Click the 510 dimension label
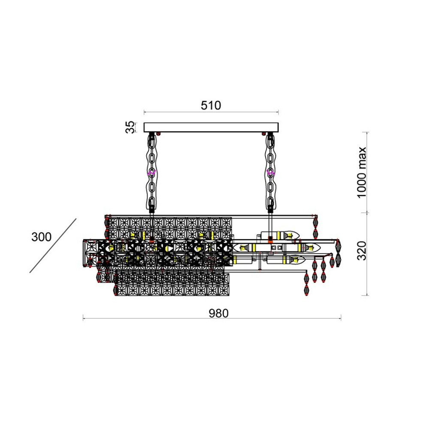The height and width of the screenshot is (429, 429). coord(211,106)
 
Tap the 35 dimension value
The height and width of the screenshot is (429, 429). coord(130,127)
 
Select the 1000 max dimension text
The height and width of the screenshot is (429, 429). coord(361,172)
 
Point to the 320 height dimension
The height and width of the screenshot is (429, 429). coord(362,251)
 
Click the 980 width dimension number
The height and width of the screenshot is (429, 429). coord(219,313)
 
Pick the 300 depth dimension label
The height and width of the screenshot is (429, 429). coord(41,237)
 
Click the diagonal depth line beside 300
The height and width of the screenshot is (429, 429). coord(53,246)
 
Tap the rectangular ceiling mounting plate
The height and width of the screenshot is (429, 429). coord(211,127)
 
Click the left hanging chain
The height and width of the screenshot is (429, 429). coord(151,172)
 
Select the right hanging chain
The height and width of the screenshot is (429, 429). coord(270,172)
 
